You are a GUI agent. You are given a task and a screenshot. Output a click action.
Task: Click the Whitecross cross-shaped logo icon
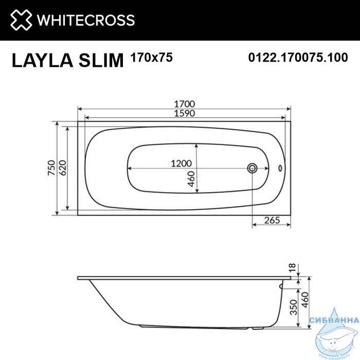[x=21, y=20]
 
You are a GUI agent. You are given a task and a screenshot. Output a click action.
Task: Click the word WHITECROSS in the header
[x=86, y=20]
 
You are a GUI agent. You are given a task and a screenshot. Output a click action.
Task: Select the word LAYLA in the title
[x=42, y=60]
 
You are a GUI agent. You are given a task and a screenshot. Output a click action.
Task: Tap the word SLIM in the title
[x=101, y=60]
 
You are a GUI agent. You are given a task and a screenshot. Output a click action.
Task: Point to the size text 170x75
[x=151, y=57]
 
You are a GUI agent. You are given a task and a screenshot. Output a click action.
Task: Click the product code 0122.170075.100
[x=298, y=58]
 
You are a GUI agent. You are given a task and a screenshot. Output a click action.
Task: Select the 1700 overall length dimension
[x=185, y=104]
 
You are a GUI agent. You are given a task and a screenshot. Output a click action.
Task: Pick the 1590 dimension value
[x=185, y=113]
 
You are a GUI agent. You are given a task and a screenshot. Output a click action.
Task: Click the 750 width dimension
[x=51, y=168]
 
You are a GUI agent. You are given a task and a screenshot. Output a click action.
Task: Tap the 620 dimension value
[x=62, y=168]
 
